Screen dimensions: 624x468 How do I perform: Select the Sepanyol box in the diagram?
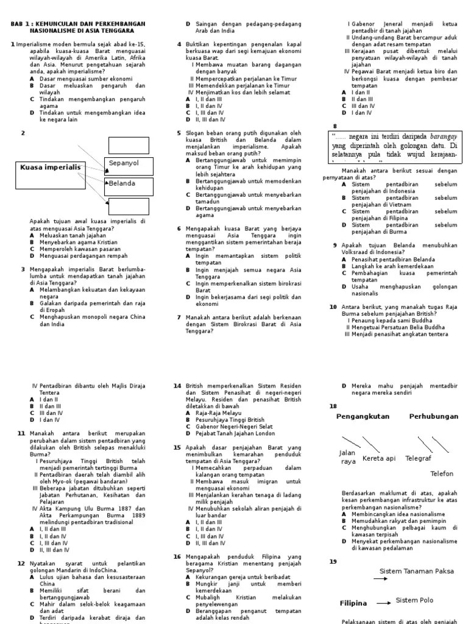pos(128,165)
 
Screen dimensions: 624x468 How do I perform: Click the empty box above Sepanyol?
pos(129,145)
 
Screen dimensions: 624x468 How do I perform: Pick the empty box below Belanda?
pos(129,207)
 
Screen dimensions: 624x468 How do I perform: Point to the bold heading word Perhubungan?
pos(433,416)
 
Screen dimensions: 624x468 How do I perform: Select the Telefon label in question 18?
pos(442,473)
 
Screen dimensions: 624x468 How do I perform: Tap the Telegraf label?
pos(418,458)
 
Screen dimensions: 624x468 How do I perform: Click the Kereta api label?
pos(379,458)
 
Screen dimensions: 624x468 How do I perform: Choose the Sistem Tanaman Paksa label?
pos(417,571)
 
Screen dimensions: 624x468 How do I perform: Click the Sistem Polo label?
pos(414,600)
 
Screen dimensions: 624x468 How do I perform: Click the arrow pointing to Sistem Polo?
pos(384,603)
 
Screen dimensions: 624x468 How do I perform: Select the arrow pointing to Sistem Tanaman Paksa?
pos(380,579)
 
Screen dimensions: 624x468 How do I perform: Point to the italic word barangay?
pos(439,136)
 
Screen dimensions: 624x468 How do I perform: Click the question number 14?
pos(177,386)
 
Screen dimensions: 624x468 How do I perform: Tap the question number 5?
pos(179,132)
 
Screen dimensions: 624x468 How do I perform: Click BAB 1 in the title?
pos(23,24)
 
